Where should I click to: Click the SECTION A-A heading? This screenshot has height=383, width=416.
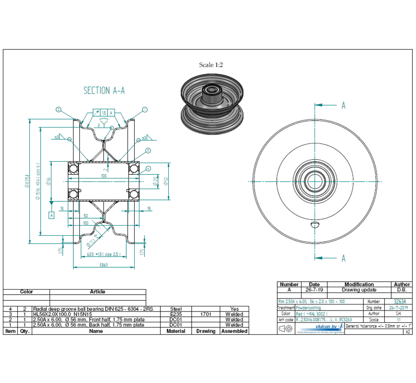click(104, 91)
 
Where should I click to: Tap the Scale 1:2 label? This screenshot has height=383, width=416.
click(211, 65)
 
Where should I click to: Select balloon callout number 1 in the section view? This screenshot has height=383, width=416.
click(145, 110)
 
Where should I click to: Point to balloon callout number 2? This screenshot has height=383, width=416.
click(58, 109)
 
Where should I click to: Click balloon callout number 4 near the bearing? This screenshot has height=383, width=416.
click(148, 168)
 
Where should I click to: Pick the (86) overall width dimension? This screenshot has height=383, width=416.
click(104, 264)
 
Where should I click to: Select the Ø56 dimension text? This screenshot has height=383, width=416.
click(48, 182)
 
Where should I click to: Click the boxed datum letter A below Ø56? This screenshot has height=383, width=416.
click(51, 215)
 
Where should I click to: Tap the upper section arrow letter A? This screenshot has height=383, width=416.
click(343, 106)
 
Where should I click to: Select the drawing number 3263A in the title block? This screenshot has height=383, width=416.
click(400, 302)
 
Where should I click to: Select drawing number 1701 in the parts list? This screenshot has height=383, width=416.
click(205, 314)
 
